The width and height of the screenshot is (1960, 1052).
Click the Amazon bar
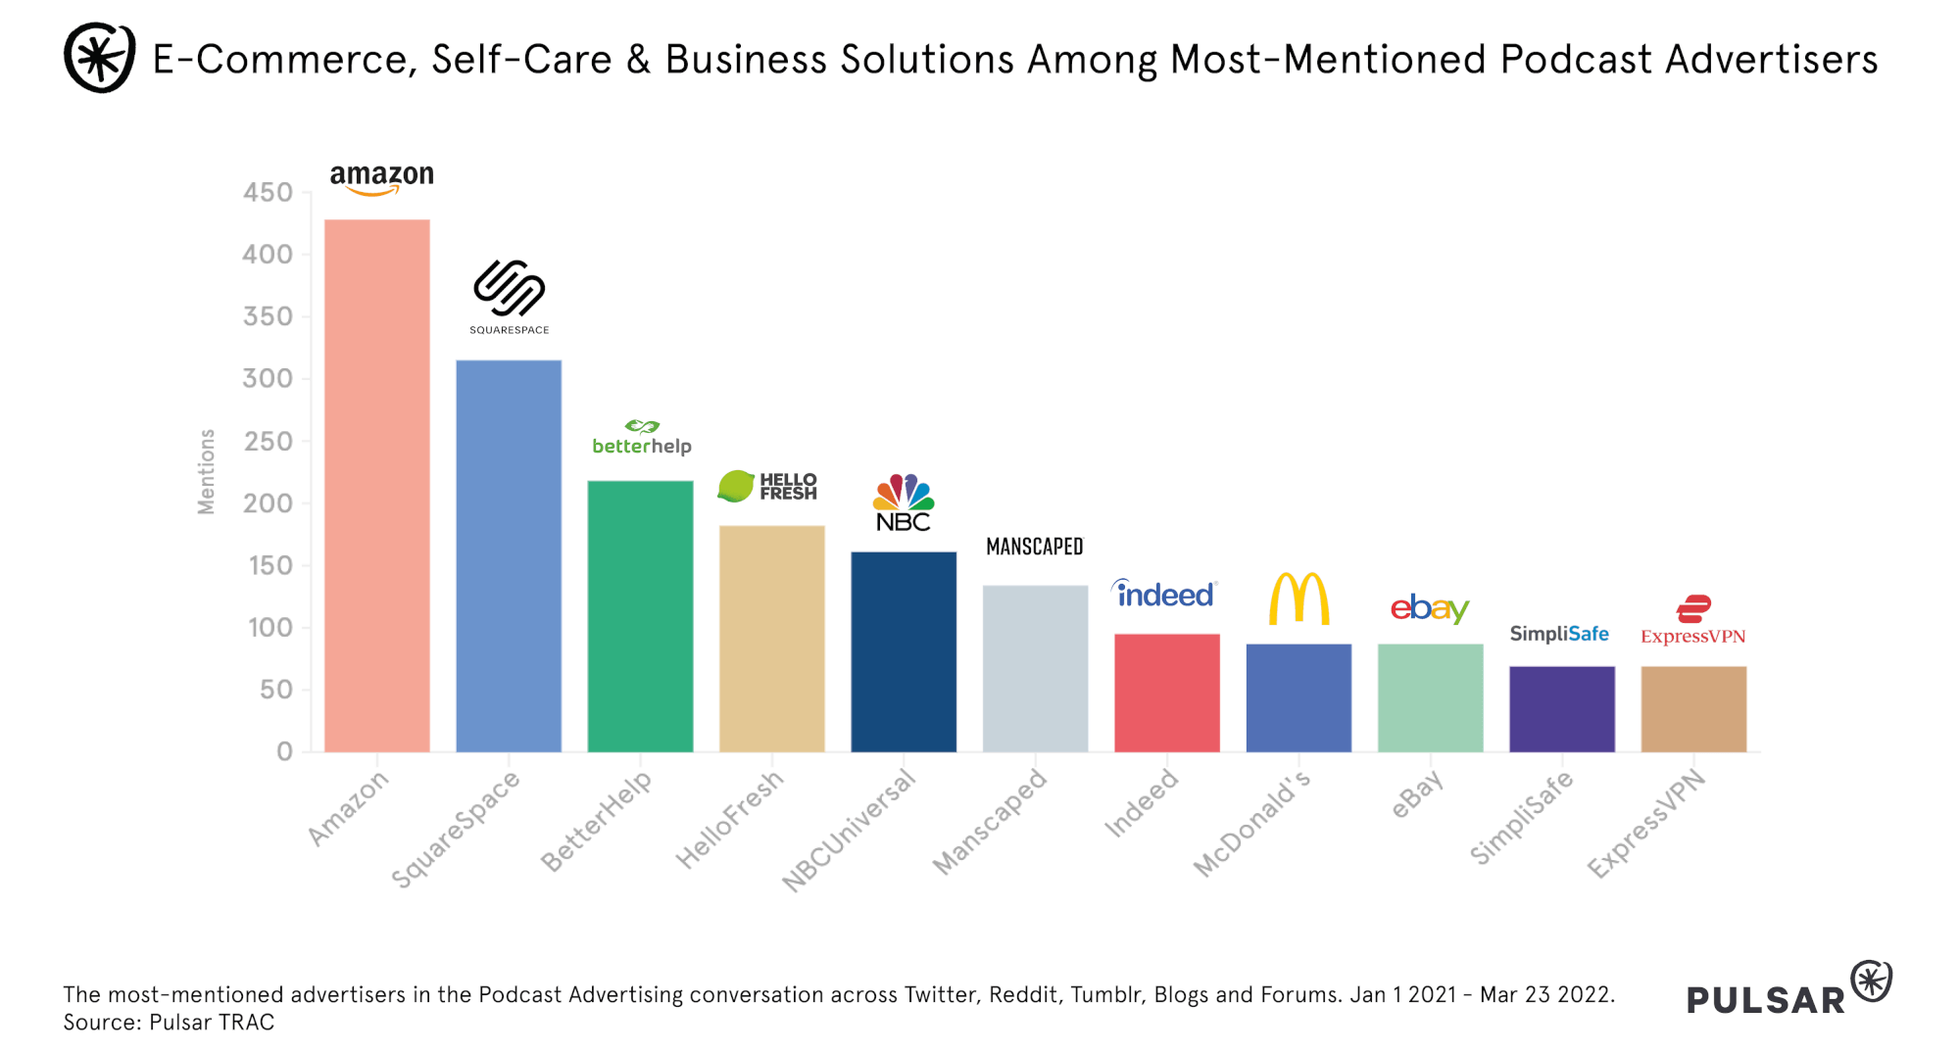(377, 485)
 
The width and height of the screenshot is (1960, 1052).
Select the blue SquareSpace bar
(509, 555)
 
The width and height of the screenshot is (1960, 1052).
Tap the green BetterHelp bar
(640, 615)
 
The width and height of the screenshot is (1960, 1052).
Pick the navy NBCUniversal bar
(904, 651)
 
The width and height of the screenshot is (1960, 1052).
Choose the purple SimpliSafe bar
(1562, 708)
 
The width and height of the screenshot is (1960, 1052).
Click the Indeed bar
(1167, 693)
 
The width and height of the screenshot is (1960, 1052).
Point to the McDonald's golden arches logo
(1298, 598)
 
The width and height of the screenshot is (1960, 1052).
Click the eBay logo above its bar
(1430, 608)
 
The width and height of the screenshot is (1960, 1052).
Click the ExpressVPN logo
(1693, 621)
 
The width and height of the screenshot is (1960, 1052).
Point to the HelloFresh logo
(767, 486)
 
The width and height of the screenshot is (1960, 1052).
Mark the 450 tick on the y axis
(269, 192)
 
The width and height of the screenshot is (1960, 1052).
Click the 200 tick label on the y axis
(269, 503)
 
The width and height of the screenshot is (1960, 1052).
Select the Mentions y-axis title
(206, 471)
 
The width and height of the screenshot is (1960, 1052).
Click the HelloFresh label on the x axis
(730, 819)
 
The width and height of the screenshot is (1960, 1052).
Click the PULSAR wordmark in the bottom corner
(1766, 999)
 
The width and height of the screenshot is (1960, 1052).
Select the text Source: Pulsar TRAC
(170, 1023)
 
